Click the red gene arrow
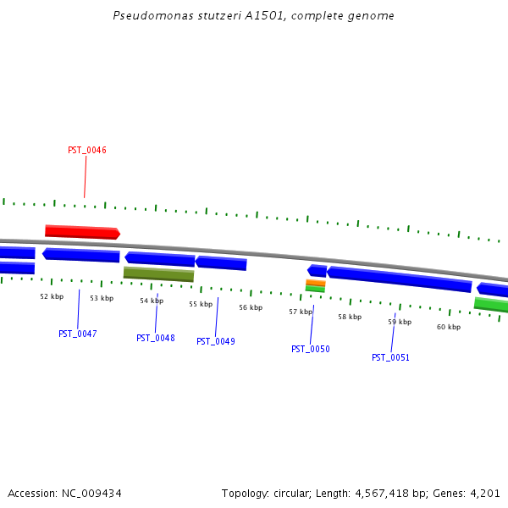pyautogui.click(x=82, y=232)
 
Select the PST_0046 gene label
pyautogui.click(x=87, y=151)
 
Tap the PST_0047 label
pyautogui.click(x=78, y=334)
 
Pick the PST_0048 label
pyautogui.click(x=156, y=338)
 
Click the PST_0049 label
pyautogui.click(x=216, y=341)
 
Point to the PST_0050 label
pyautogui.click(x=311, y=349)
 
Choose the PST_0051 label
pyautogui.click(x=390, y=357)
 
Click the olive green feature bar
pyautogui.click(x=158, y=274)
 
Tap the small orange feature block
pyautogui.click(x=315, y=283)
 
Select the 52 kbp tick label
pyautogui.click(x=52, y=296)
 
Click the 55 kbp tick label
pyautogui.click(x=201, y=304)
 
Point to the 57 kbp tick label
pyautogui.click(x=301, y=312)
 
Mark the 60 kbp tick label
pyautogui.click(x=449, y=327)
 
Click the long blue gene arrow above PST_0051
pyautogui.click(x=399, y=279)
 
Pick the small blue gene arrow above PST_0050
pyautogui.click(x=317, y=271)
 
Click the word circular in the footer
pyautogui.click(x=290, y=493)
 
